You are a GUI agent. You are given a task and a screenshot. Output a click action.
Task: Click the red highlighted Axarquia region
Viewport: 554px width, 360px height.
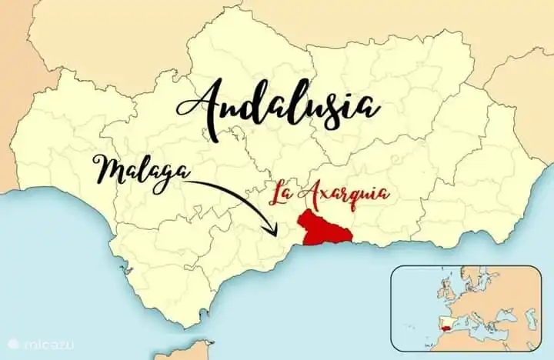(x=325, y=227)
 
